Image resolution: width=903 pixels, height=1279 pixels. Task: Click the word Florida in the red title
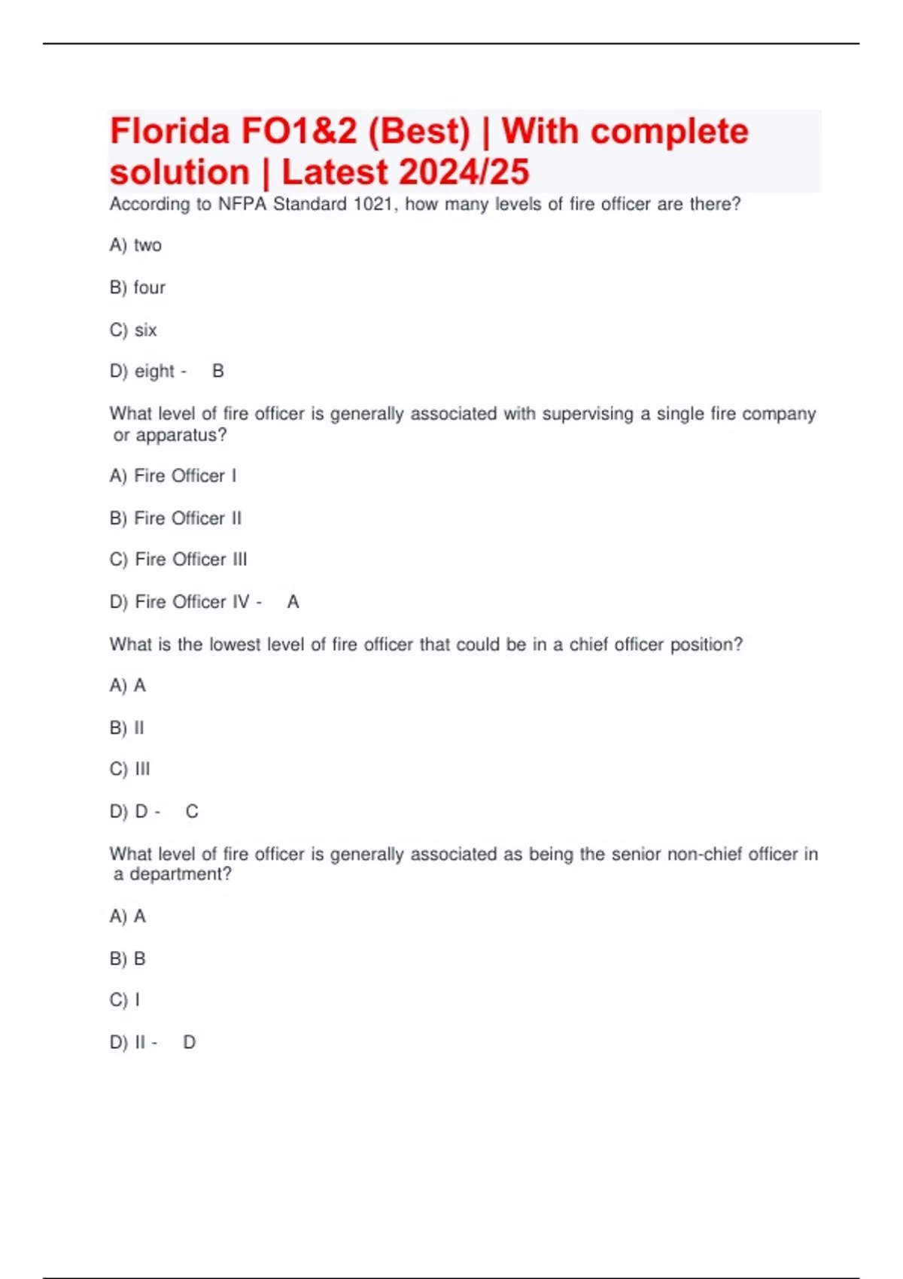point(170,132)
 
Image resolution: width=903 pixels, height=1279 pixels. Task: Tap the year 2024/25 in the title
point(464,172)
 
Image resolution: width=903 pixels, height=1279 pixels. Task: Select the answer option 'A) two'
point(135,245)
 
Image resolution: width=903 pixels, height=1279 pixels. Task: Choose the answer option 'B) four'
point(138,287)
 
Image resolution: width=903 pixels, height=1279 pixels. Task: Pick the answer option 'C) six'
point(133,330)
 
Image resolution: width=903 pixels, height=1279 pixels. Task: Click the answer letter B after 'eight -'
point(218,371)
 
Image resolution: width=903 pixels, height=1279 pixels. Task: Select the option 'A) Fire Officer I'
point(173,475)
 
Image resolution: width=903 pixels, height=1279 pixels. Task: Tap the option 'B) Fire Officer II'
point(176,518)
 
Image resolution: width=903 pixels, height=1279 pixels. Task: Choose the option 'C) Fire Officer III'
point(178,559)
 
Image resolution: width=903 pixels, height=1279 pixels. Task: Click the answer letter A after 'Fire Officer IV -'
point(293,602)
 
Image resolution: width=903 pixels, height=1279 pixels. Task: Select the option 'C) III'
point(130,769)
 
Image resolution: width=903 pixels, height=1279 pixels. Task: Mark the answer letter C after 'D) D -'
point(192,812)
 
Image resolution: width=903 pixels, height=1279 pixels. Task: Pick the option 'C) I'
point(125,1000)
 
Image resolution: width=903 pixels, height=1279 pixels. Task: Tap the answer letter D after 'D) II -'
point(190,1042)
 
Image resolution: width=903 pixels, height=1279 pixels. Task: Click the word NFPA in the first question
point(242,204)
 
